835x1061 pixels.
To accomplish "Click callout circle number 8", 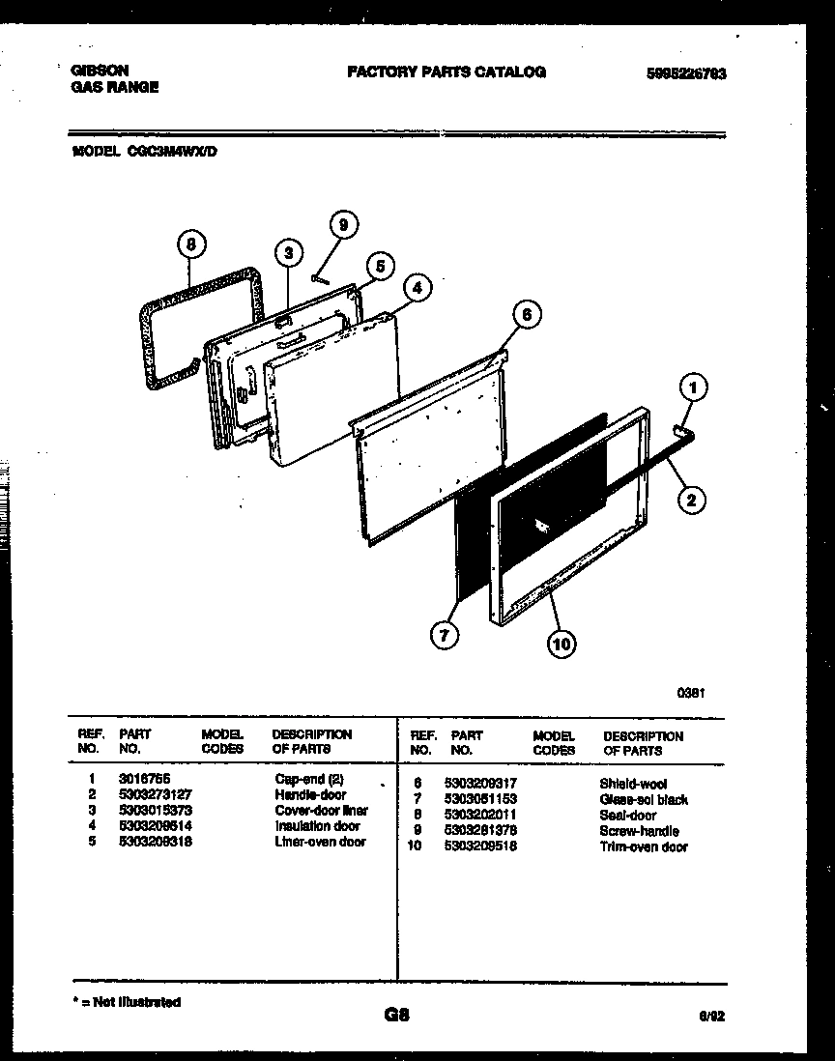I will coord(192,244).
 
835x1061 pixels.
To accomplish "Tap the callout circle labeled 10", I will coord(562,643).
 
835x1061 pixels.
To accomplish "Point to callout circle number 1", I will coord(692,388).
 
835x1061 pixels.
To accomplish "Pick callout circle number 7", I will coord(443,636).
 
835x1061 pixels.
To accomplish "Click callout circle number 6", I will coord(526,314).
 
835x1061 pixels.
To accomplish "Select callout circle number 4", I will coord(416,287).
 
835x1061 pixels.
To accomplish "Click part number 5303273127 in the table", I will coord(154,794).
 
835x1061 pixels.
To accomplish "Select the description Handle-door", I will coord(309,794).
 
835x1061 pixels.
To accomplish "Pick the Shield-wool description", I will coord(633,784).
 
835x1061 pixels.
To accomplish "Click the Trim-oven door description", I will coord(644,846).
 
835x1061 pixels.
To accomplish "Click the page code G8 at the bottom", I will coord(397,1015).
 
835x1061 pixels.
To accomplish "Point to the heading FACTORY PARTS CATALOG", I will coord(446,72).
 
